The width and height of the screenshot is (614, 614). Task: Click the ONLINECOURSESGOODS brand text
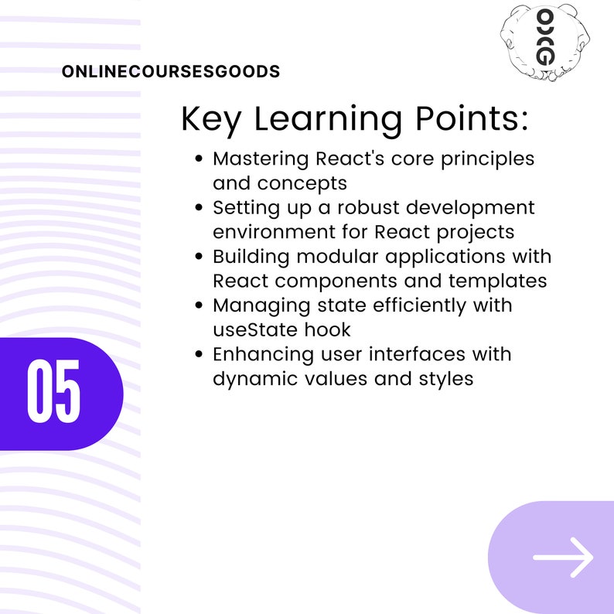coord(171,72)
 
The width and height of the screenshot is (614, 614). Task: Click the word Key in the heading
coord(212,119)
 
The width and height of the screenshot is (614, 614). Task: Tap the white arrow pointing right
coord(563,557)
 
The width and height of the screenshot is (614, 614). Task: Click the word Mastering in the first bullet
coord(261,159)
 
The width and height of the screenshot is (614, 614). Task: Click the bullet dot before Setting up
coord(199,208)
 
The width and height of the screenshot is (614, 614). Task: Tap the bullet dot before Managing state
coord(199,305)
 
